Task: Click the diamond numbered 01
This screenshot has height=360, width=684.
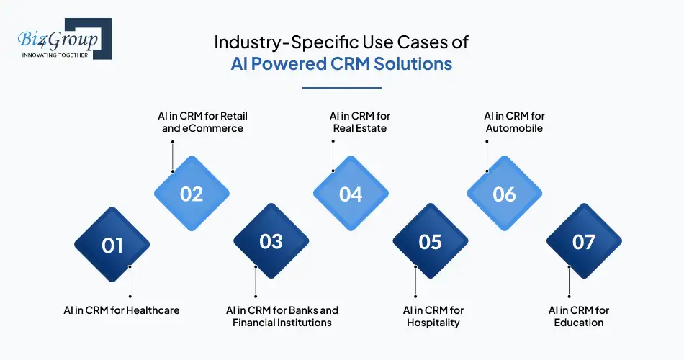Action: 112,245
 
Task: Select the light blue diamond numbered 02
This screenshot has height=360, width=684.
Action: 192,194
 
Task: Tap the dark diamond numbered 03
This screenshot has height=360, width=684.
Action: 271,241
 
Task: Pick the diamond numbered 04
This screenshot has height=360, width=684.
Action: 351,194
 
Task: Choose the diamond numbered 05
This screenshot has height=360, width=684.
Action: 430,241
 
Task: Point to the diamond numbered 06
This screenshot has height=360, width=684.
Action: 505,194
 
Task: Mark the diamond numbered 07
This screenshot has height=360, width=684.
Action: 584,242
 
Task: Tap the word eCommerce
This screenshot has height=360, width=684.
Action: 214,128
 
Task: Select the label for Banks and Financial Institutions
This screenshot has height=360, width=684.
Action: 282,316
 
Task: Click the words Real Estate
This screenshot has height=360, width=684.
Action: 359,128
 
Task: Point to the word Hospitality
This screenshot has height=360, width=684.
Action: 433,323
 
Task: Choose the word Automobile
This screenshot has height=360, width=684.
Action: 513,128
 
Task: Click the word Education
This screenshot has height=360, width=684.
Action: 579,323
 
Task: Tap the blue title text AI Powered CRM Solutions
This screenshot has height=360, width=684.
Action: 341,63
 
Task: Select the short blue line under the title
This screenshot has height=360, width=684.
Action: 341,88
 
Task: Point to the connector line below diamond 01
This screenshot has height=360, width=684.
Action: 130,282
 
